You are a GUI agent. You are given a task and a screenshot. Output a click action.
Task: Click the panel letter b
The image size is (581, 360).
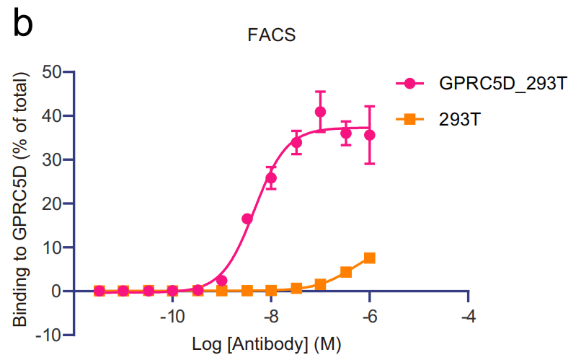[x=22, y=23]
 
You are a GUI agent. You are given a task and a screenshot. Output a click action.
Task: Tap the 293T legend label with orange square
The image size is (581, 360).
[x=459, y=120]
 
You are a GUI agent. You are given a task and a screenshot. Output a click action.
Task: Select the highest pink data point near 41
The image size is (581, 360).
[x=320, y=112]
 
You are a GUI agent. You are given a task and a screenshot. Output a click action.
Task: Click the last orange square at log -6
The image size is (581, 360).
[x=370, y=258]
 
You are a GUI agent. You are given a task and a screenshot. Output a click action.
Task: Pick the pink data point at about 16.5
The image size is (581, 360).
[x=247, y=219]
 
